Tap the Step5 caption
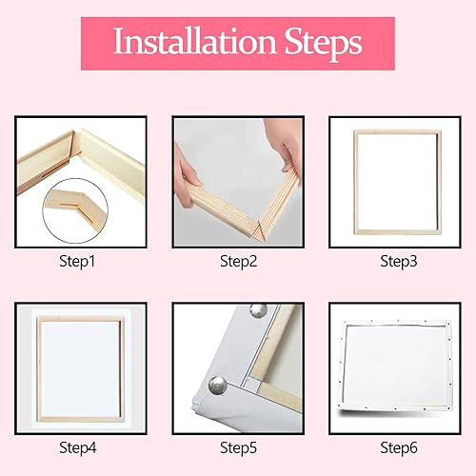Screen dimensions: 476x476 237,446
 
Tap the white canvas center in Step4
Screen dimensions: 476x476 82,367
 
